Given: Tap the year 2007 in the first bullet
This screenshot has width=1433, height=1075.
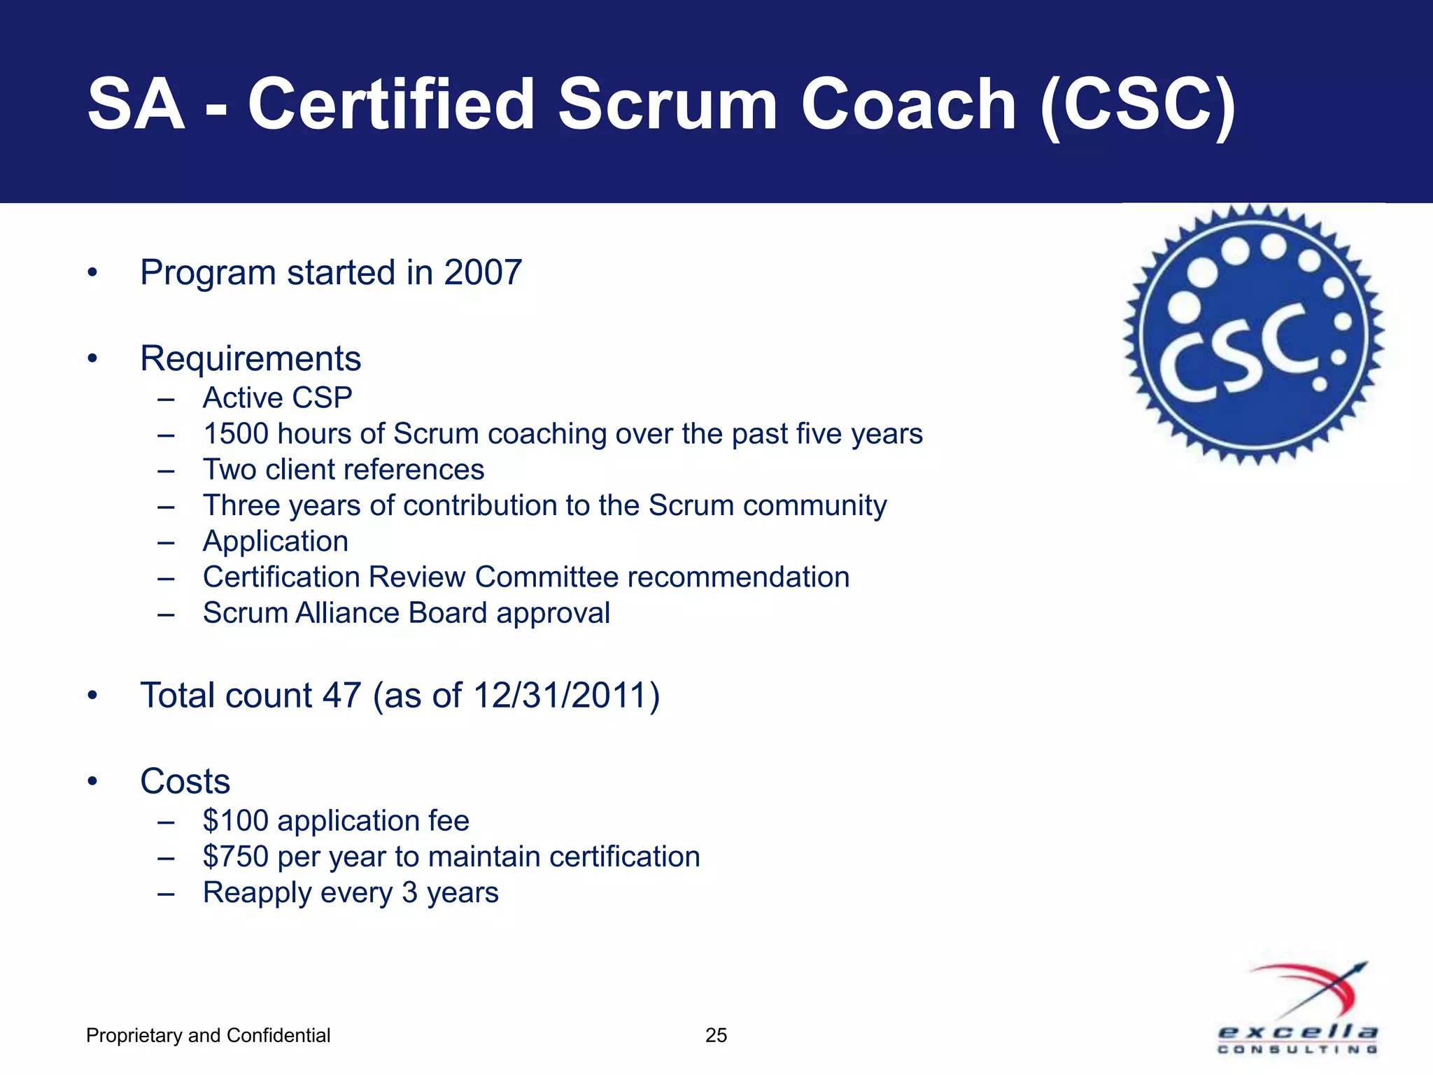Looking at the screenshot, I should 483,272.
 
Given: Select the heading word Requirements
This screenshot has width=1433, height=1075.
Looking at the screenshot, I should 250,358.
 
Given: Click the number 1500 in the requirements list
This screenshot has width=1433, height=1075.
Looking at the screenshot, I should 236,434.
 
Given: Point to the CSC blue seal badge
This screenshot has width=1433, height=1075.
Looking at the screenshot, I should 1254,335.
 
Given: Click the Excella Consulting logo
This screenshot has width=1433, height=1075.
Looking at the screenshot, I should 1299,1008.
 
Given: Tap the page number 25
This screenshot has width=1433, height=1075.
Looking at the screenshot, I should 716,1035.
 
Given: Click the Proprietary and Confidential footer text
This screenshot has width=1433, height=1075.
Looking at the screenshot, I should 208,1035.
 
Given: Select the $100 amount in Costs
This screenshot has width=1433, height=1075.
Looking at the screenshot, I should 236,821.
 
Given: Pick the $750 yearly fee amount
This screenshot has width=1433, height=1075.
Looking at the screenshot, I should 236,857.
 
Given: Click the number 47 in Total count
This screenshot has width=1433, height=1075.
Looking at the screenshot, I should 341,696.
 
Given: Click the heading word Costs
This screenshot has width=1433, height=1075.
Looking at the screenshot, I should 185,781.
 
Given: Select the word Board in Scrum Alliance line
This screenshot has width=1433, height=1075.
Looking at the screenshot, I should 448,613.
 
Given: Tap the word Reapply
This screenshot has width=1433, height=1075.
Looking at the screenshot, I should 262,893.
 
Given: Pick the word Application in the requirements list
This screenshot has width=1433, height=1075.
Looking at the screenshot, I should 276,542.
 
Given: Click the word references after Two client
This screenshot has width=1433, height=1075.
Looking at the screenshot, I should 415,470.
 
